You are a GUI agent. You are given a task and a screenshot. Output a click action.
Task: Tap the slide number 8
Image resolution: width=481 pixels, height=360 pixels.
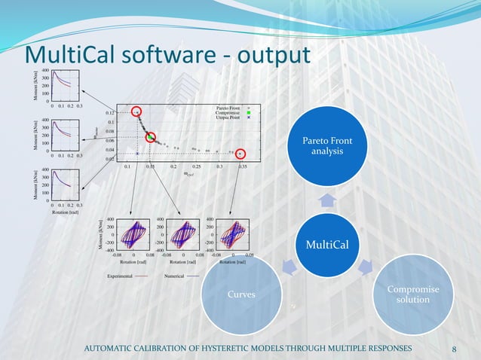[454, 349]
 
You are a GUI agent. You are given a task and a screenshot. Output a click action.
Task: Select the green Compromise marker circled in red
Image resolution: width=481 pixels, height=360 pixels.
[151, 137]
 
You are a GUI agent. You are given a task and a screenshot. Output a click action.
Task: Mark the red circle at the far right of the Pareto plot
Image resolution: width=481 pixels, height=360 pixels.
[241, 152]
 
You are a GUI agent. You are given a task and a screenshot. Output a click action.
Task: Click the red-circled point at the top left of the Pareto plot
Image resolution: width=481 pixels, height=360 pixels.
[136, 111]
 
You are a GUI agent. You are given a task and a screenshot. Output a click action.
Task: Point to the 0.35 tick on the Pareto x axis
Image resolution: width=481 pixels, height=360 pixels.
[242, 166]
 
